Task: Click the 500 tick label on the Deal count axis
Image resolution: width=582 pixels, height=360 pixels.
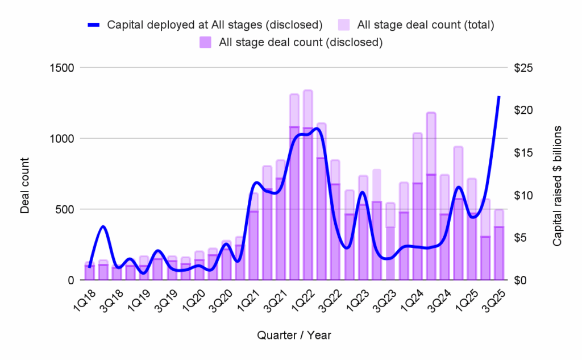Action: [65, 209]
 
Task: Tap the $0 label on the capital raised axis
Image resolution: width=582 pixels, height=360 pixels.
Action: [519, 280]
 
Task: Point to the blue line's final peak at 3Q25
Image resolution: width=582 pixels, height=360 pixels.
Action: [499, 97]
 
